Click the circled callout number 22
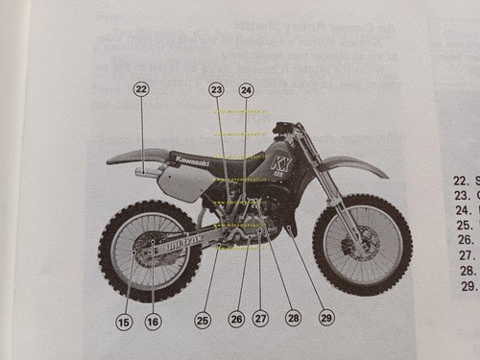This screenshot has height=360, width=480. (141, 89)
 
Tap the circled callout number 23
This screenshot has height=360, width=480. (217, 89)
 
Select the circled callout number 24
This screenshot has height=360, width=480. (247, 89)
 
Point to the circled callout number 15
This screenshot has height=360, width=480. (123, 322)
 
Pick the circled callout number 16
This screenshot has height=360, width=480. (153, 322)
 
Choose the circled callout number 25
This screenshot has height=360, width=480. (202, 318)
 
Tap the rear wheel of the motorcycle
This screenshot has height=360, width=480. (148, 252)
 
